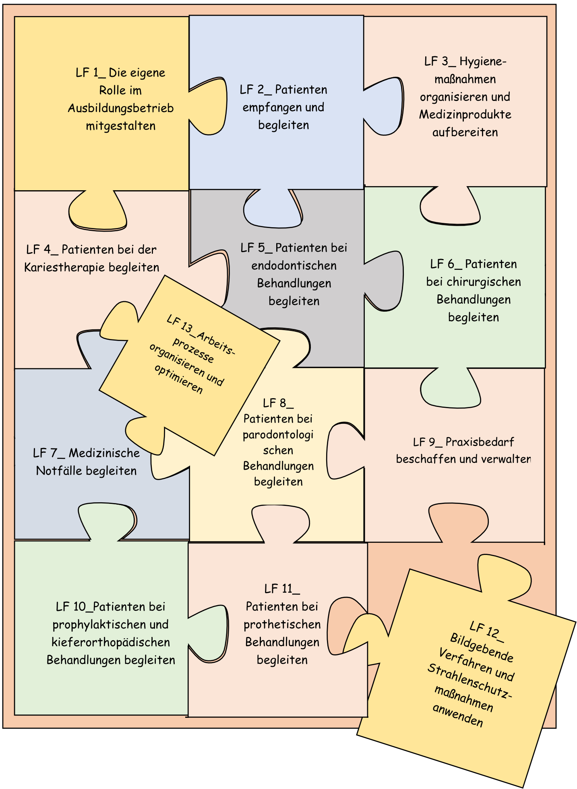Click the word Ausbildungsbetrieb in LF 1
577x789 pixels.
(x=121, y=108)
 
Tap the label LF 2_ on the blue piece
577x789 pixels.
(x=256, y=90)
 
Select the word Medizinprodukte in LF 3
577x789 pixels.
(x=465, y=115)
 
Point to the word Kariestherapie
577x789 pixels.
(x=65, y=267)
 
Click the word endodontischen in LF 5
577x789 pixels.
(x=294, y=265)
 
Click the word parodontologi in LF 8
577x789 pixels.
(x=278, y=435)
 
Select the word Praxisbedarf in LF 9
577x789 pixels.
(x=480, y=442)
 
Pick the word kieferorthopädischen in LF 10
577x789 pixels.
(x=111, y=642)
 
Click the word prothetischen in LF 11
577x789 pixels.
(x=282, y=625)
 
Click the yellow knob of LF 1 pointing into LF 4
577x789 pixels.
(x=98, y=210)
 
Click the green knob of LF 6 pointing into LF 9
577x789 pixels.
(x=451, y=387)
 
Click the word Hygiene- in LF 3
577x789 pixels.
(x=483, y=62)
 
